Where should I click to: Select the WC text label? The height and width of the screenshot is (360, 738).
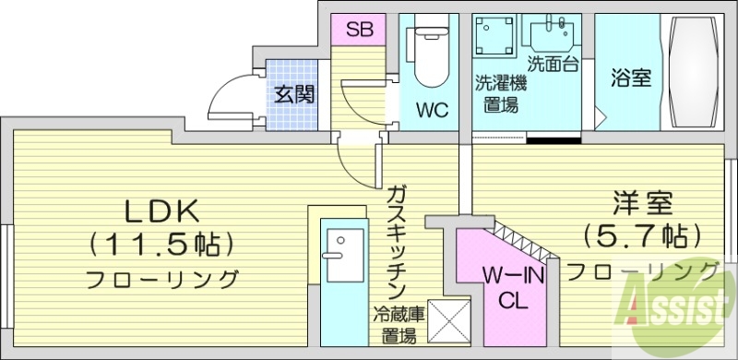(431, 112)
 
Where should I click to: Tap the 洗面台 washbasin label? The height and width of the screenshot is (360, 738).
(553, 64)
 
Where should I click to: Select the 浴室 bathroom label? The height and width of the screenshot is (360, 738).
(630, 78)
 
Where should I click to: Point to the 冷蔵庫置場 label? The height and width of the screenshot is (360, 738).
(399, 325)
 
